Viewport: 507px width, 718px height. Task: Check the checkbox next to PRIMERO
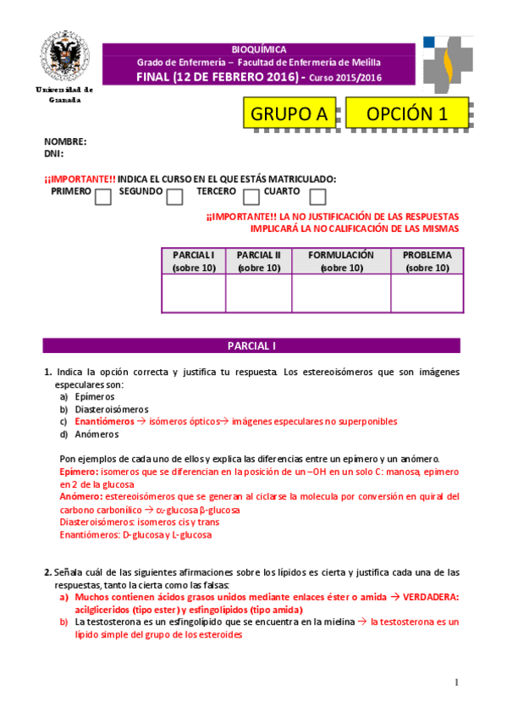click(x=103, y=197)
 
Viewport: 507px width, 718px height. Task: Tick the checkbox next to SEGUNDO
click(x=175, y=197)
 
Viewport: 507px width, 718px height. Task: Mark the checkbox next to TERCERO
click(x=251, y=197)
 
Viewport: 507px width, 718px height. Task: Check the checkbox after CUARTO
click(x=317, y=197)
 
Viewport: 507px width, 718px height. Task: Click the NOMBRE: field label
click(x=65, y=142)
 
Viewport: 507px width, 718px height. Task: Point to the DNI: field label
click(x=54, y=154)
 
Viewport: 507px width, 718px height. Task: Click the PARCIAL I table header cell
click(x=193, y=261)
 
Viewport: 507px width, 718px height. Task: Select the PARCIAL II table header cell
click(x=258, y=261)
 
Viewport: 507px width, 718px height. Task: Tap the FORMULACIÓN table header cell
click(x=341, y=261)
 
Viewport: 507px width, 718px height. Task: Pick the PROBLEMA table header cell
click(x=427, y=261)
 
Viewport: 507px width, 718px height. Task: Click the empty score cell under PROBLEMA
click(x=427, y=294)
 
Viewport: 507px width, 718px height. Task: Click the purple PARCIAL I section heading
click(x=251, y=346)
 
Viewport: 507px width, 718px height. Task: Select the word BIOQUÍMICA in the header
click(x=259, y=50)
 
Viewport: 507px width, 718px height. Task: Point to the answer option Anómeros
click(x=95, y=434)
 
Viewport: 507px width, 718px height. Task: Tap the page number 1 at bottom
click(x=455, y=682)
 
